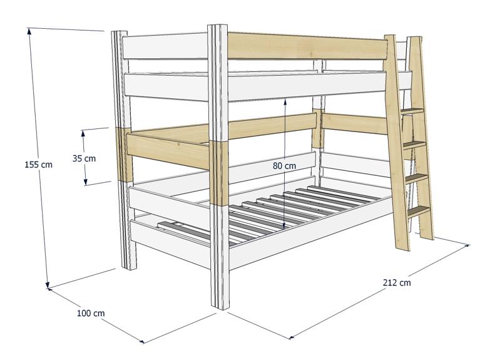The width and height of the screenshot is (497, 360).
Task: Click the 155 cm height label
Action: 38,165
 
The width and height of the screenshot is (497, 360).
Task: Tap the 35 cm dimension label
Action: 84,158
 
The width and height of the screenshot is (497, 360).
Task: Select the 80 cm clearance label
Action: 284,166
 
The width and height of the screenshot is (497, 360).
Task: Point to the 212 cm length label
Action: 396,282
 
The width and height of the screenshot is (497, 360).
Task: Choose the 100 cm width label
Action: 91,313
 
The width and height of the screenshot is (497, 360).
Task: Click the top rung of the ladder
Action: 412,111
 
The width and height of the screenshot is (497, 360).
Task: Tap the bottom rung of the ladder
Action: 418,211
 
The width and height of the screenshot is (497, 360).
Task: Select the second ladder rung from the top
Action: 414,145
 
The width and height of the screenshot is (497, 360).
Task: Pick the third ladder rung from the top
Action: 416,178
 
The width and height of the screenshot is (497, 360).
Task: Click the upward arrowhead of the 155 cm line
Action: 29,31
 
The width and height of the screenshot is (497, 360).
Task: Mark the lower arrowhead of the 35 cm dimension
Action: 86,182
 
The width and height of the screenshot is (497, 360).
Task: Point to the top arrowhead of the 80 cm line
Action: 285,101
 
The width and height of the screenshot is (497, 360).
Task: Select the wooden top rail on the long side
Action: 307,46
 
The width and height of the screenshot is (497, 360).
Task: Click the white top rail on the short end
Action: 165,46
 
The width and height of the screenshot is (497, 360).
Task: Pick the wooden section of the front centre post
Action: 218,173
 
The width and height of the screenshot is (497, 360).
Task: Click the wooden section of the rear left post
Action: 124,155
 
